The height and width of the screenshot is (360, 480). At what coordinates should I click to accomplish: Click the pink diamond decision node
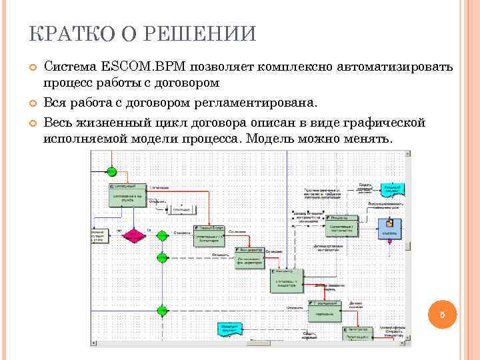(x=133, y=237)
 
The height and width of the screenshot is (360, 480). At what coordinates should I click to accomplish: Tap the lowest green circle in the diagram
(x=161, y=310)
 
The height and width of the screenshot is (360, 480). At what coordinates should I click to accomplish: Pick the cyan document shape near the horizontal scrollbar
(x=229, y=329)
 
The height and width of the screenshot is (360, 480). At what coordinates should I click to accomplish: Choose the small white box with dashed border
(x=181, y=209)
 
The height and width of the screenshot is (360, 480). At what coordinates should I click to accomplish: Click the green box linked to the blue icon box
(x=341, y=226)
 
